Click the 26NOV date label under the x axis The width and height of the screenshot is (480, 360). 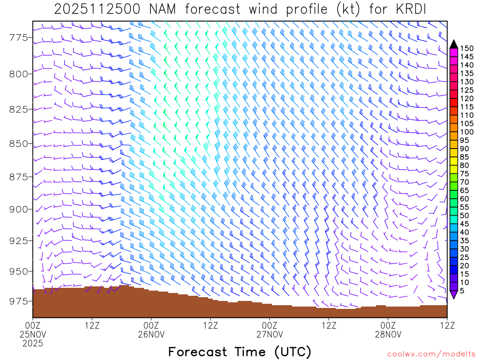pos(151,334)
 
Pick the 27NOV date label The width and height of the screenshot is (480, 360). pos(270,334)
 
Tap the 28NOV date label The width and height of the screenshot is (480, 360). pos(389,334)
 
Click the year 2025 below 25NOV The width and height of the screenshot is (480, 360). pos(33,344)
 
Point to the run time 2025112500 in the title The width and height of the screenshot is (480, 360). pos(96,9)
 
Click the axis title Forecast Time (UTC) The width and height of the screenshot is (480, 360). pos(240,352)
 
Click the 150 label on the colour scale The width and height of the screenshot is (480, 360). pos(466,48)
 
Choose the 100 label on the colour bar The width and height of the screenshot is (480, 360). pos(466,132)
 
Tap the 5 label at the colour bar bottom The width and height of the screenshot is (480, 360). pos(463,291)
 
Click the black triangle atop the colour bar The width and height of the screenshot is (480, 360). pos(454,44)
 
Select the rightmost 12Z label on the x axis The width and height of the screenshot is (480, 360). pos(447,325)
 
